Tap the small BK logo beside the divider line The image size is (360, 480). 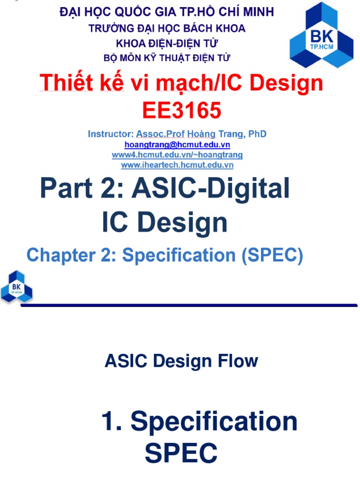pos(16,286)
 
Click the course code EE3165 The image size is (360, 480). pos(181,111)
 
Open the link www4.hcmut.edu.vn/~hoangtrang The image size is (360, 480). pos(177,154)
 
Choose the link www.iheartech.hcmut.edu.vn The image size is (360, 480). pos(177,165)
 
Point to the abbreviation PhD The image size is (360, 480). pos(257,134)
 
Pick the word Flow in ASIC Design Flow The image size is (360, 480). pos(238,361)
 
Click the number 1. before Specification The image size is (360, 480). pos(113,421)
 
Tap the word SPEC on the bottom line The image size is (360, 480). pos(181,453)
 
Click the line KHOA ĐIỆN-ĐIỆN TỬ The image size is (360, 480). pos(167,43)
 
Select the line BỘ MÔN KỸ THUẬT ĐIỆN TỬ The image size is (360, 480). pos(167,58)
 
